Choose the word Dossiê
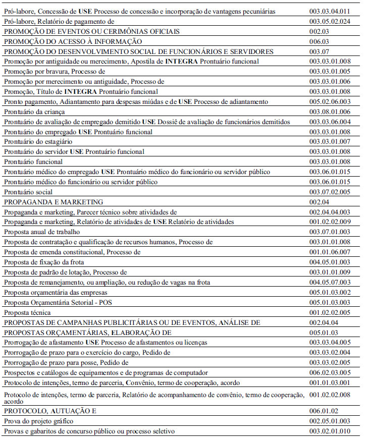coord(169,122)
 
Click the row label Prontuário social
coord(28,192)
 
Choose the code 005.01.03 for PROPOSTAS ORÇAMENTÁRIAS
coord(324,333)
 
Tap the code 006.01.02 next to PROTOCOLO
coord(324,411)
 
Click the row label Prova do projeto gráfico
coord(38,421)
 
